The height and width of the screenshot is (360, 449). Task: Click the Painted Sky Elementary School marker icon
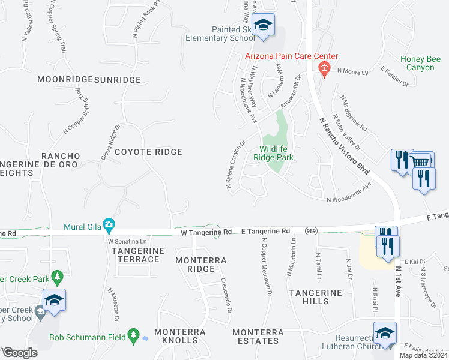(x=263, y=25)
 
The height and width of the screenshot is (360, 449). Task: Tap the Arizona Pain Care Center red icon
(x=324, y=69)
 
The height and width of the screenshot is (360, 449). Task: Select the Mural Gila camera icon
(x=109, y=225)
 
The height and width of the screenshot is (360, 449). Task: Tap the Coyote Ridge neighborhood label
(x=148, y=152)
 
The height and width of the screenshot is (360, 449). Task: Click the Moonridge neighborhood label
(x=65, y=79)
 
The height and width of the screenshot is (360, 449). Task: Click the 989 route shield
(x=310, y=230)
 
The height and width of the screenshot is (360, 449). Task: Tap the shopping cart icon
(x=422, y=161)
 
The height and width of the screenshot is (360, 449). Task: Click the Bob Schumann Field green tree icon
(x=136, y=337)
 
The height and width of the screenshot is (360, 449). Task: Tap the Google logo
(x=20, y=352)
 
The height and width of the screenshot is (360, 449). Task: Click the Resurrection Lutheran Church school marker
(x=385, y=334)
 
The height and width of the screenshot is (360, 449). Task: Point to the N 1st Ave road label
(x=398, y=282)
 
